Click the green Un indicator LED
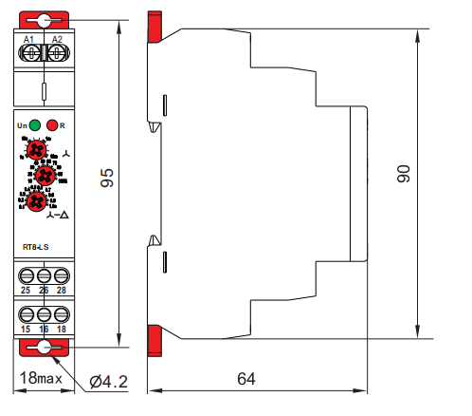coord(34,124)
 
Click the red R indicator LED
coord(52,124)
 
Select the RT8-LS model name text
coord(36,248)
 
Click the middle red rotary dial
coord(43,174)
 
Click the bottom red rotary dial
coord(35,201)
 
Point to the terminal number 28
coord(62,290)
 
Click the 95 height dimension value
coord(107,179)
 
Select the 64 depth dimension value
coord(245,379)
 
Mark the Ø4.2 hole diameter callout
coord(110,381)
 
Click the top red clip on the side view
coord(154,28)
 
